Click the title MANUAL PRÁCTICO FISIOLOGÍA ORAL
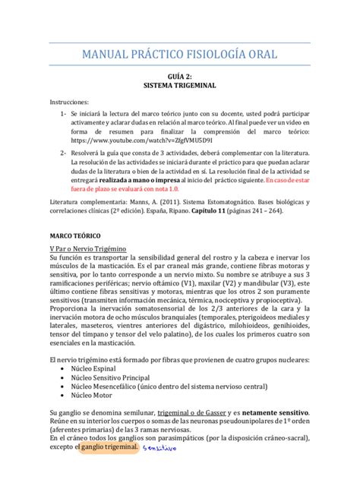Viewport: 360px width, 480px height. pyautogui.click(x=179, y=55)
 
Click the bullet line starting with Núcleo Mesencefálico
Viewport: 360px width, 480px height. pyautogui.click(x=159, y=385)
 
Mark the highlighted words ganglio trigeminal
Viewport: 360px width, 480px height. pyautogui.click(x=108, y=448)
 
